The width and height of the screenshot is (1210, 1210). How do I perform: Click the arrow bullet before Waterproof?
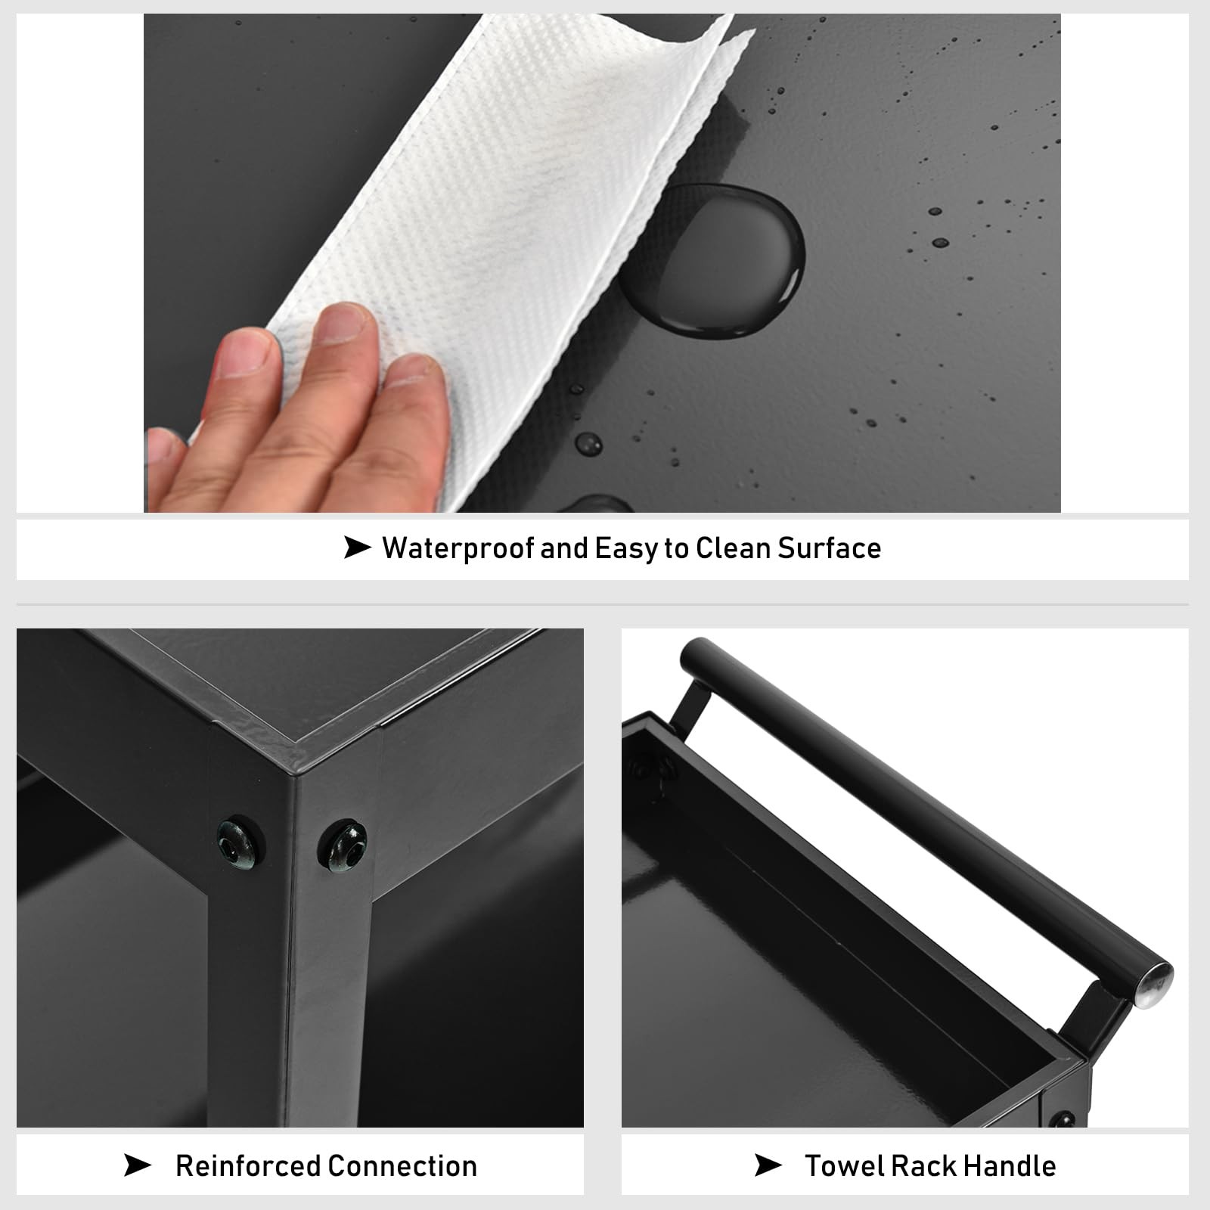click(357, 548)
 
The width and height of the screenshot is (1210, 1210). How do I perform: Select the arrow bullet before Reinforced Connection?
click(137, 1165)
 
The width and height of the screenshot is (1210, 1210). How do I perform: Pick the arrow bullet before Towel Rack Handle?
click(768, 1165)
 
